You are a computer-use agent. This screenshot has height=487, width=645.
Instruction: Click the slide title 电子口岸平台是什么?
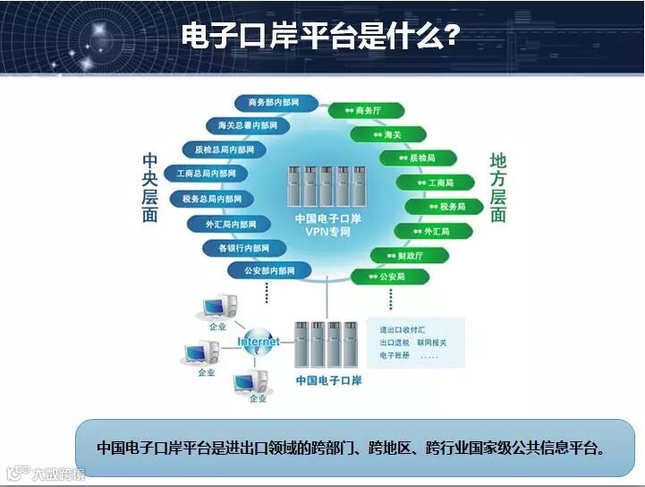click(x=321, y=35)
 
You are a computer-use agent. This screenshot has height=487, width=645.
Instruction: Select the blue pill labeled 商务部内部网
click(x=274, y=103)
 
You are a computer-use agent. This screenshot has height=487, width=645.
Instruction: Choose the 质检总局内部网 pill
click(x=225, y=150)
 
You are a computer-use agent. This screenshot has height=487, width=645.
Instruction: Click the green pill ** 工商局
click(x=435, y=183)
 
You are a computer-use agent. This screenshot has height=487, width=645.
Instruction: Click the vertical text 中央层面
click(x=150, y=187)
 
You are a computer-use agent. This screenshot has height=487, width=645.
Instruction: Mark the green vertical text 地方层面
click(x=498, y=187)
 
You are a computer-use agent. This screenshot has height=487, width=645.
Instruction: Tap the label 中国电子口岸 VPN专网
click(x=327, y=225)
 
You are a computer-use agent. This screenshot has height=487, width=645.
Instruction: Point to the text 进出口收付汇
click(x=400, y=329)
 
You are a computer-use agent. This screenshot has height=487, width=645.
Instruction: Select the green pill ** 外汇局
click(x=430, y=231)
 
